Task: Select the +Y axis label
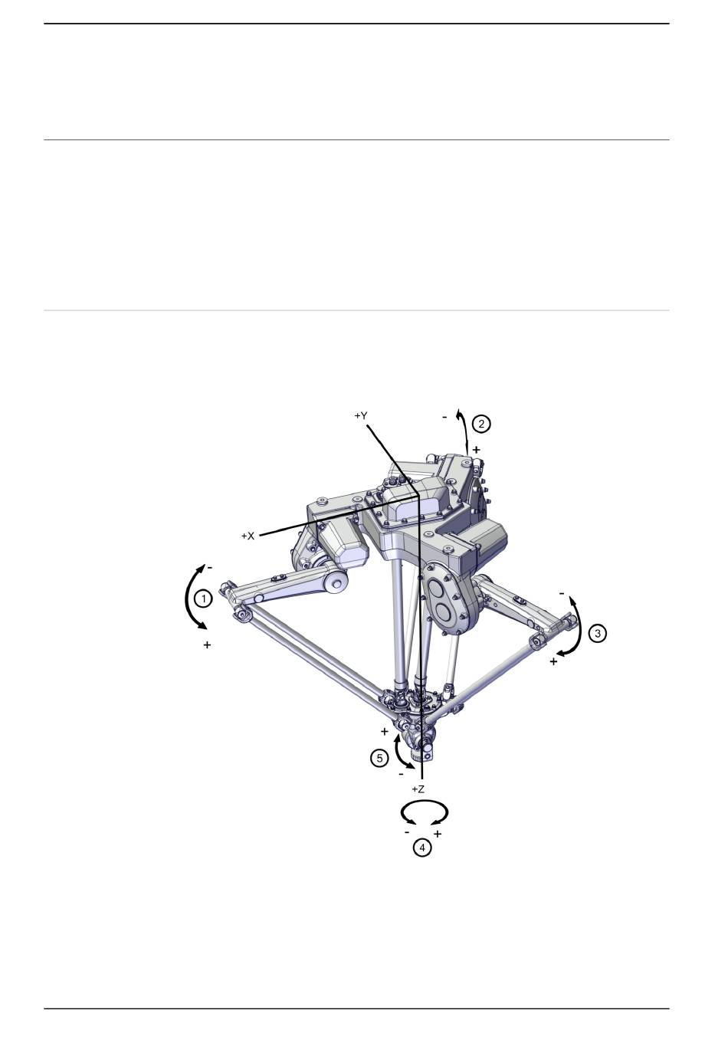361,416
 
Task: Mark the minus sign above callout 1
210,568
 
